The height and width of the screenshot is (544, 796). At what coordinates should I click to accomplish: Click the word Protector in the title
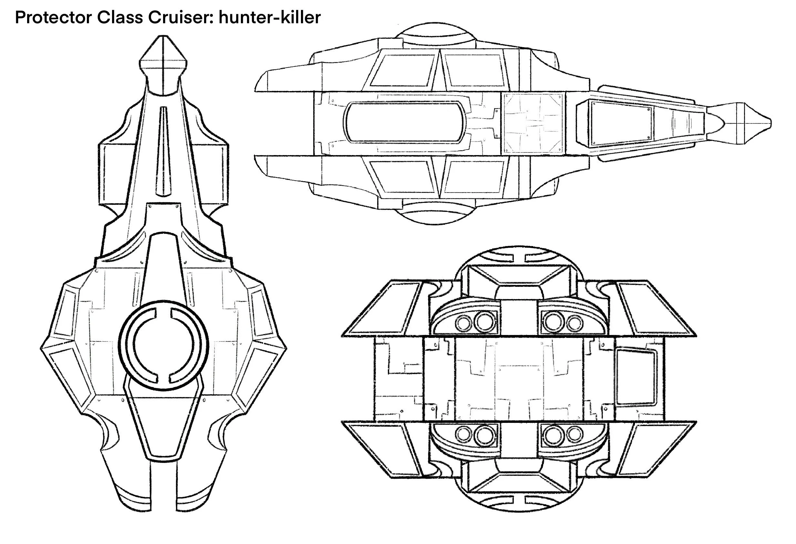(x=53, y=18)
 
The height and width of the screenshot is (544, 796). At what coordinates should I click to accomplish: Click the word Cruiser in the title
(x=180, y=18)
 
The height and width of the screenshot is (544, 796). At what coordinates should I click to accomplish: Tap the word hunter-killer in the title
(x=270, y=18)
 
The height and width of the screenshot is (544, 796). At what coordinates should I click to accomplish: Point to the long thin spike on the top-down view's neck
(x=163, y=151)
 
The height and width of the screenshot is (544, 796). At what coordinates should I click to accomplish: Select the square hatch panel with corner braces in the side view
(x=533, y=123)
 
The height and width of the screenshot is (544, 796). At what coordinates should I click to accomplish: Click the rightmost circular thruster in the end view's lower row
(x=574, y=434)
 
